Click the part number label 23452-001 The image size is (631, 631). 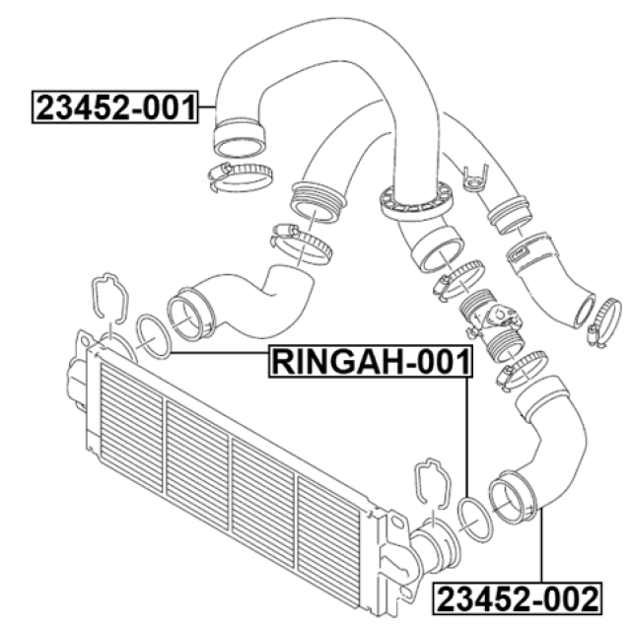click(115, 107)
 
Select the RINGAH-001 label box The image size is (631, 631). click(371, 362)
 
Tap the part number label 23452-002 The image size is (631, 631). click(518, 598)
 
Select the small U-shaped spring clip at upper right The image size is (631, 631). click(475, 179)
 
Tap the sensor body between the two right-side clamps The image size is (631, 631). click(492, 322)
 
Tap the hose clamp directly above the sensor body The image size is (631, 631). click(458, 280)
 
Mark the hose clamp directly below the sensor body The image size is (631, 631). click(522, 369)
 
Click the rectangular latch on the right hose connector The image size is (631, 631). click(520, 253)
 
